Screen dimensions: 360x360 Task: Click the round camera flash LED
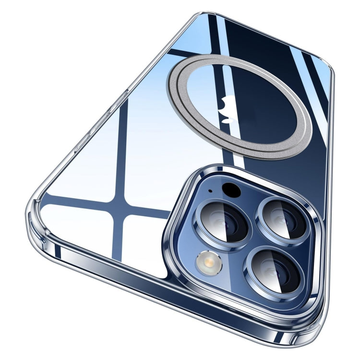[x=209, y=263]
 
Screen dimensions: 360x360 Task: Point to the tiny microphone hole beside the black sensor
[x=210, y=192]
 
